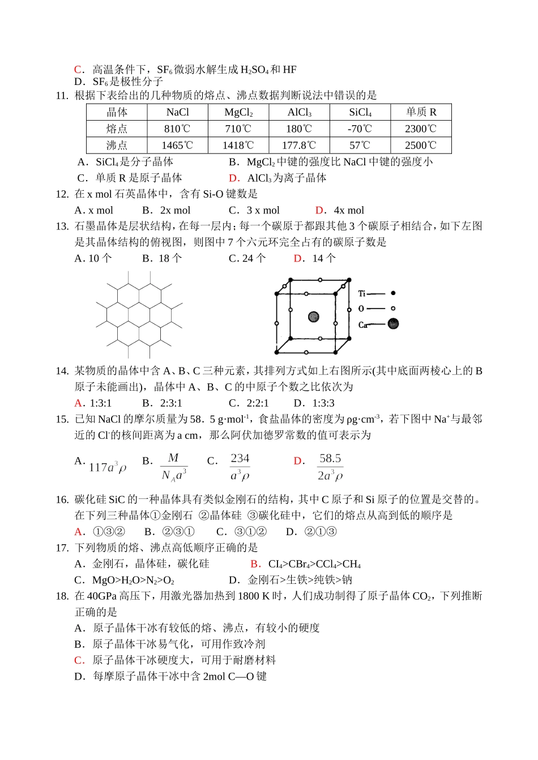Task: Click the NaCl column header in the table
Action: click(x=177, y=112)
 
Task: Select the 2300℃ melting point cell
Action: click(x=421, y=129)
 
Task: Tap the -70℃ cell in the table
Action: click(x=360, y=129)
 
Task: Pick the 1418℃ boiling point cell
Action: click(x=238, y=146)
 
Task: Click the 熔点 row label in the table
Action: click(x=117, y=129)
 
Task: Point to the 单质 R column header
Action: click(x=421, y=112)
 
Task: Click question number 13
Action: click(x=62, y=227)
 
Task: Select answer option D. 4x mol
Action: click(x=340, y=210)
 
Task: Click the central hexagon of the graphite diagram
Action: click(x=139, y=314)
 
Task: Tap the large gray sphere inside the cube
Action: click(x=313, y=317)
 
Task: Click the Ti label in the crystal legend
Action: click(x=362, y=293)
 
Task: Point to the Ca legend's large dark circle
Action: click(x=393, y=323)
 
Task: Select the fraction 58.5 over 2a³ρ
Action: click(x=330, y=467)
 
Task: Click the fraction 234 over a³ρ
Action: click(x=240, y=467)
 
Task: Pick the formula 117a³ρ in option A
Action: click(x=108, y=467)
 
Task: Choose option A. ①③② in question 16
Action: click(x=100, y=532)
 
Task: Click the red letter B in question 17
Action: click(x=255, y=564)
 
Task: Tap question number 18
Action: click(x=62, y=596)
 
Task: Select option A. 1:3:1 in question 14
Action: click(x=93, y=403)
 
